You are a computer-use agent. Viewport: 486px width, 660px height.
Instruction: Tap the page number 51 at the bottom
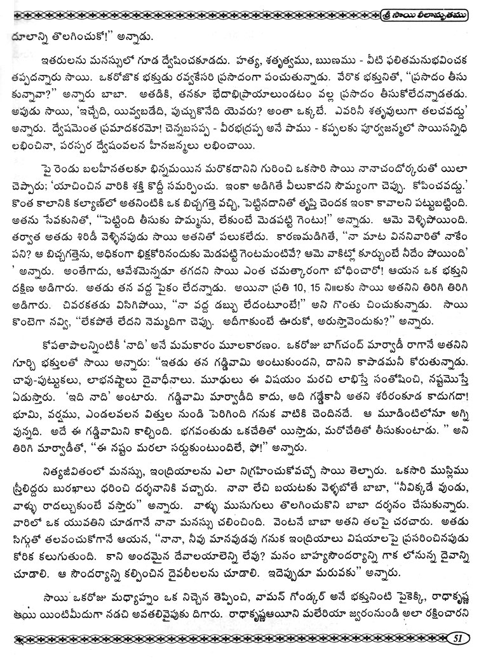[457, 638]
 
